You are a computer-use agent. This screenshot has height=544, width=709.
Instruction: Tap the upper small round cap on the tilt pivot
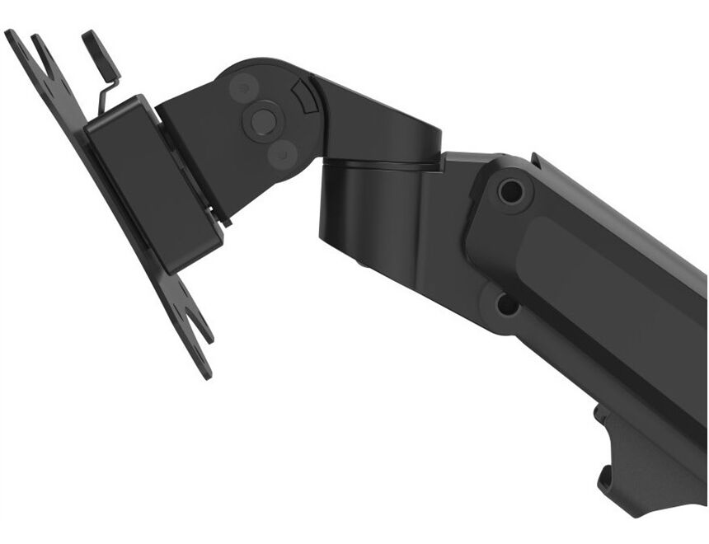(242, 87)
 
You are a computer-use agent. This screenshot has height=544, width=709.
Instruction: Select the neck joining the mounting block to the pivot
(194, 148)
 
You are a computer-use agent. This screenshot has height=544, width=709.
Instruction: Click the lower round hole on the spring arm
(506, 306)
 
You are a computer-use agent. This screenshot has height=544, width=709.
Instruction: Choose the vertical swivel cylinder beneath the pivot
(371, 214)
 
